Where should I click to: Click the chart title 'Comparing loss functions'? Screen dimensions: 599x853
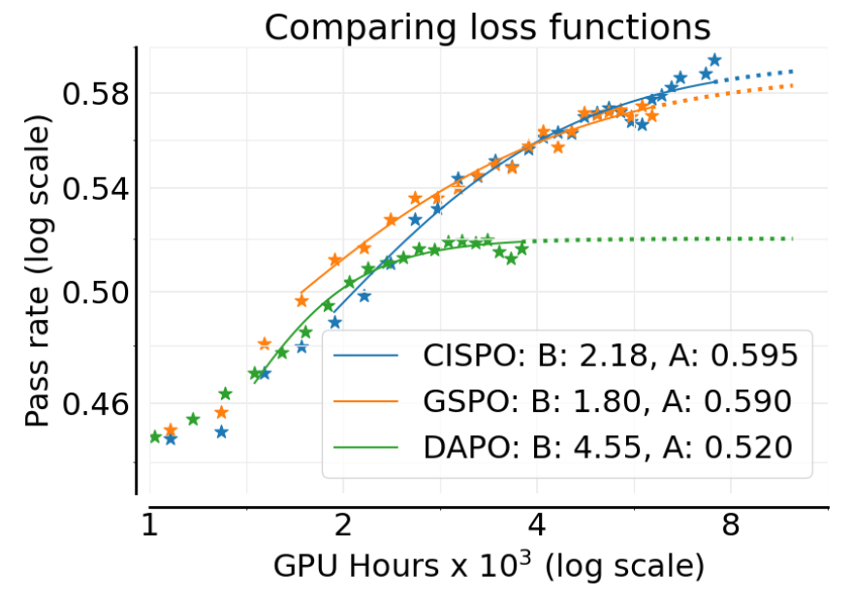click(488, 26)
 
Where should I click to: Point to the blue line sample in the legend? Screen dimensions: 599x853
click(366, 356)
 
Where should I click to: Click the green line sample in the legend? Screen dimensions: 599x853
click(366, 446)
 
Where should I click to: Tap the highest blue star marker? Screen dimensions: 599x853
click(714, 60)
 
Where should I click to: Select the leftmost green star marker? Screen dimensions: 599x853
click(155, 436)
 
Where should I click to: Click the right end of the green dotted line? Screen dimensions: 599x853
click(793, 238)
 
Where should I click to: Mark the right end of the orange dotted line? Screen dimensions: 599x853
click(793, 85)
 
